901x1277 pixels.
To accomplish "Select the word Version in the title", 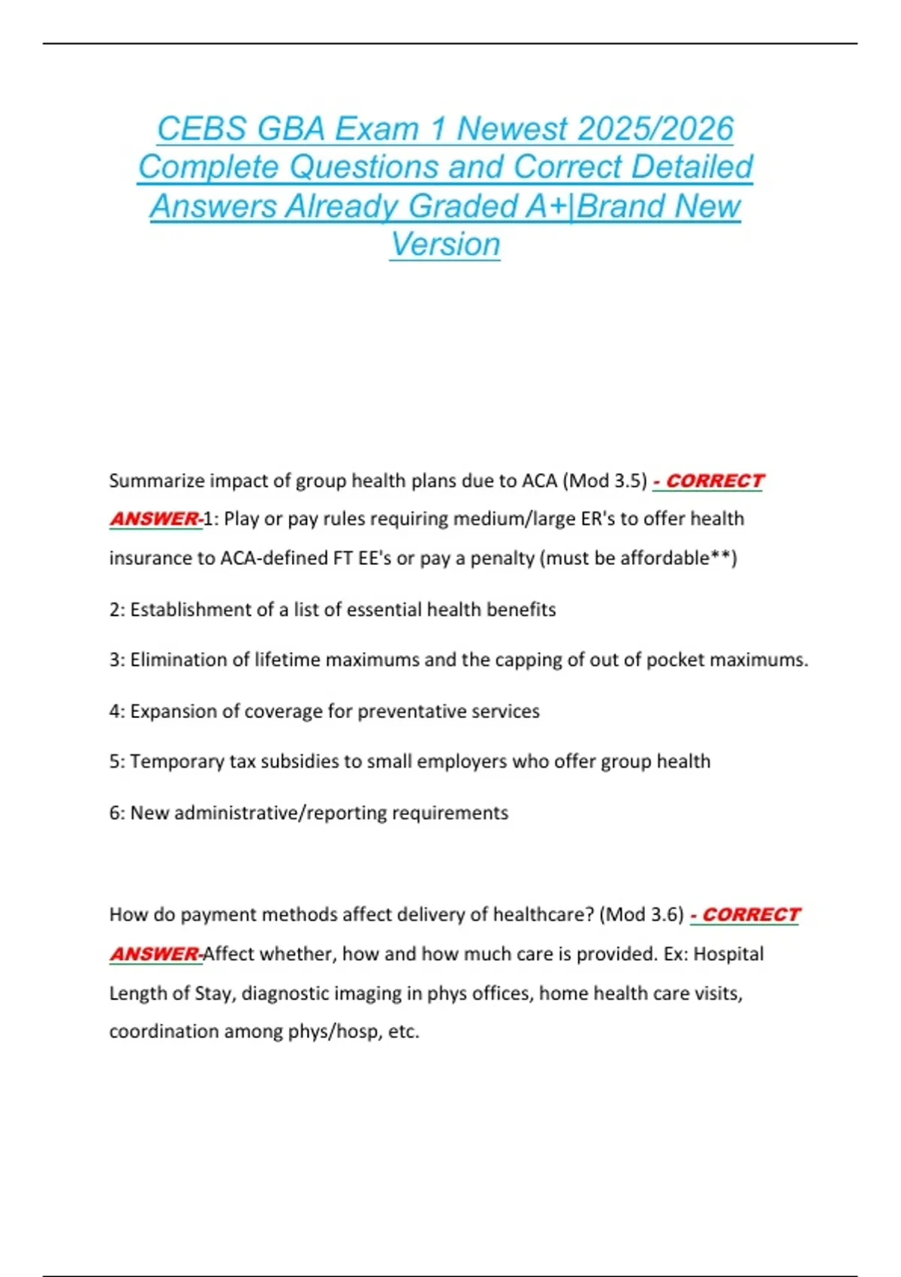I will tap(445, 244).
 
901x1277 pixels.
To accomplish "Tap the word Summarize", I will tap(156, 481).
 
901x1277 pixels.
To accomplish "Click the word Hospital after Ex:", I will tap(728, 954).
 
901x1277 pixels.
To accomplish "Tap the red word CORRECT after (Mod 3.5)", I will tap(714, 481).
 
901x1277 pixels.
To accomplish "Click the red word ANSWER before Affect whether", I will tap(154, 954).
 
